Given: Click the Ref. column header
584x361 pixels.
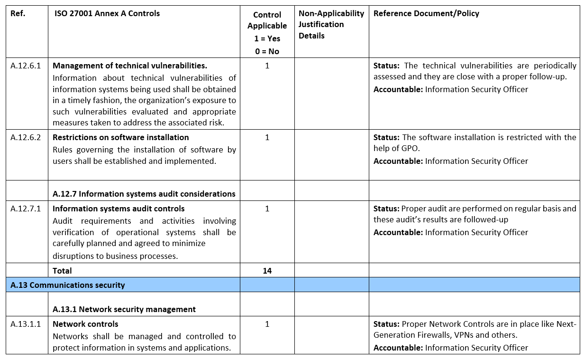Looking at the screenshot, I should click(x=18, y=13).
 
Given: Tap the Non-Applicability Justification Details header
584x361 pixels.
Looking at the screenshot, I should click(x=331, y=25).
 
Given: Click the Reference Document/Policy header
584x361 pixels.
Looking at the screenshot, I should click(x=426, y=13).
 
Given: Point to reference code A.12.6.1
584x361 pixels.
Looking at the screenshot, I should click(x=26, y=66).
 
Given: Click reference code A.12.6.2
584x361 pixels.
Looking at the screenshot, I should click(x=26, y=137).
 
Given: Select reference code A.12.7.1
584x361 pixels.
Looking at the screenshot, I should click(x=26, y=209).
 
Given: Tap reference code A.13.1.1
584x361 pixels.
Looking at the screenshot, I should click(x=26, y=324).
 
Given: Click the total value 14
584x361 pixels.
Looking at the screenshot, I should click(x=267, y=271).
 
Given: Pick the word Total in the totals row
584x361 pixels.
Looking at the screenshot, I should click(x=62, y=271).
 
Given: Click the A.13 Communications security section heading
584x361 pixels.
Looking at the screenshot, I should click(x=68, y=285).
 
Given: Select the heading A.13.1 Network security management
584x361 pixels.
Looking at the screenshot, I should click(x=124, y=309).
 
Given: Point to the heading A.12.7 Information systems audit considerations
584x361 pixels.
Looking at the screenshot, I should click(x=144, y=194).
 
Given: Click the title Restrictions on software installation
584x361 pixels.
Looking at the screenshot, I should click(x=121, y=137).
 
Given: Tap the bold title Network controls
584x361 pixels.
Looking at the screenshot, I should click(x=85, y=324).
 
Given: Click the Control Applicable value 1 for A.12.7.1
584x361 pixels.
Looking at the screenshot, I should click(x=267, y=209).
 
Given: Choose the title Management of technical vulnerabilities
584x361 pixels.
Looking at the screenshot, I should click(x=130, y=66).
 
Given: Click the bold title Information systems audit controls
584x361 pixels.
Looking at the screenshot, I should click(x=119, y=209).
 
